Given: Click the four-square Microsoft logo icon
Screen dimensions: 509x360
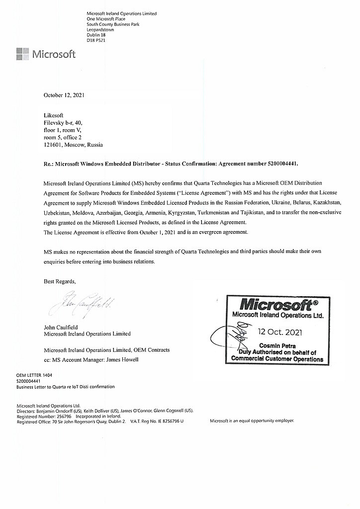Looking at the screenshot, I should click(22, 54).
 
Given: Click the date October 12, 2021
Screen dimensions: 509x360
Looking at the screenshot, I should click(64, 94).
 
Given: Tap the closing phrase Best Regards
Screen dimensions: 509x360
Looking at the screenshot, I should click(60, 281).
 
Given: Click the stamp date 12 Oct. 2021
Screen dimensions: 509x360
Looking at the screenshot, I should click(279, 332).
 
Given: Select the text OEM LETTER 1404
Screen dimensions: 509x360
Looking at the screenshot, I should click(34, 376).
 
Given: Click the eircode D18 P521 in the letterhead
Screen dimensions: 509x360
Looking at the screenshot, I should click(96, 40).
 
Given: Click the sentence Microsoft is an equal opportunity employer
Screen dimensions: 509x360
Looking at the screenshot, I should click(252, 421).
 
